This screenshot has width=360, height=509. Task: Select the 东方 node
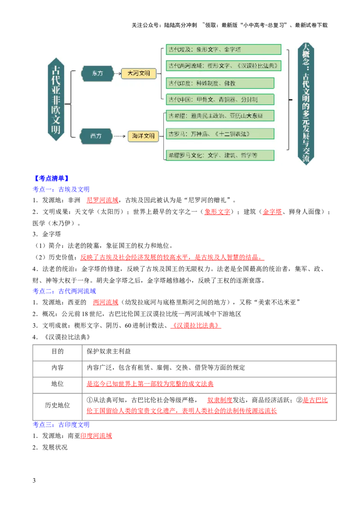(97, 73)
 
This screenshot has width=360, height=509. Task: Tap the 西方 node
(96, 136)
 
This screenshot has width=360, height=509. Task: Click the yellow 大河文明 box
(139, 73)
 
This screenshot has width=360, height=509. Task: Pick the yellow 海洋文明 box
(143, 136)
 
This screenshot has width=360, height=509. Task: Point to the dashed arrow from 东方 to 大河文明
(117, 73)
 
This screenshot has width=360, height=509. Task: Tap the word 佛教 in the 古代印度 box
(229, 83)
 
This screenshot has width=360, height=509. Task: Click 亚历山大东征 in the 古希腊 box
(248, 116)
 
